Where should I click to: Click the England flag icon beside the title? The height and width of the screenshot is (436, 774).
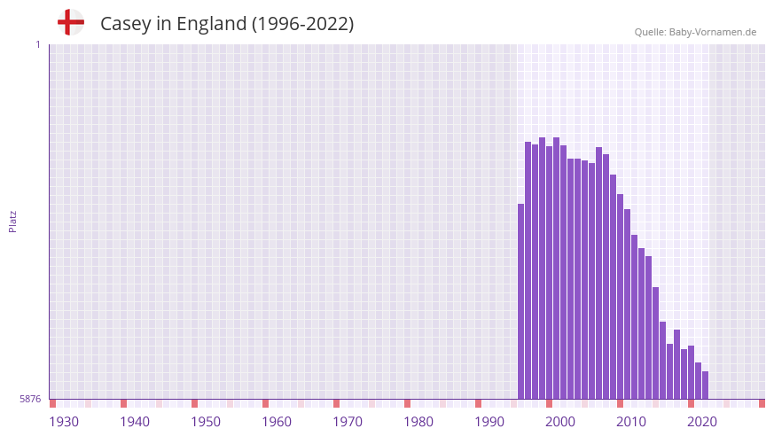[x=71, y=22]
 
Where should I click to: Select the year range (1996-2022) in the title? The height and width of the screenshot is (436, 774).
[x=302, y=24]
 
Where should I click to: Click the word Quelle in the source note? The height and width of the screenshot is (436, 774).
[x=650, y=32]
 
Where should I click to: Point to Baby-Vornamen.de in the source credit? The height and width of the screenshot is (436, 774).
[x=713, y=32]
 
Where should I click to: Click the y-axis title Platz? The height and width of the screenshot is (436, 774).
[x=12, y=222]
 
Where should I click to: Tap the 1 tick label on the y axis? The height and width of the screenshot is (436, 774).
[x=37, y=44]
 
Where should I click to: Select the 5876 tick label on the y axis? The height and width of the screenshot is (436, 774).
[x=30, y=400]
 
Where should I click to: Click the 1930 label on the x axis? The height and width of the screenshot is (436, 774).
[x=64, y=422]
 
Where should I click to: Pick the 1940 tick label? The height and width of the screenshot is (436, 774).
[x=135, y=422]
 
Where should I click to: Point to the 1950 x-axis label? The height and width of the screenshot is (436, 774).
[x=206, y=422]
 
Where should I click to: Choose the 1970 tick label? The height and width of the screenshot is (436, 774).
[x=348, y=422]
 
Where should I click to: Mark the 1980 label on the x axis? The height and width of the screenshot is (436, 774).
[x=418, y=422]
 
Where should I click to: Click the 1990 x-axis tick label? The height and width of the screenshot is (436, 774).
[x=489, y=422]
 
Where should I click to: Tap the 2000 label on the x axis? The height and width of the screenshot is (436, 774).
[x=560, y=422]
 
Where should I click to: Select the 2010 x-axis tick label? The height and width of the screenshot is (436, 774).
[x=631, y=422]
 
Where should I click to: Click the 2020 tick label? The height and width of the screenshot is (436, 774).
[x=702, y=422]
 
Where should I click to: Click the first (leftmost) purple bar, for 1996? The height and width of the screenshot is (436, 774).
[x=521, y=301]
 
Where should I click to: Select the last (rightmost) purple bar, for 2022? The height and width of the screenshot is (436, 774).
[x=706, y=385]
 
